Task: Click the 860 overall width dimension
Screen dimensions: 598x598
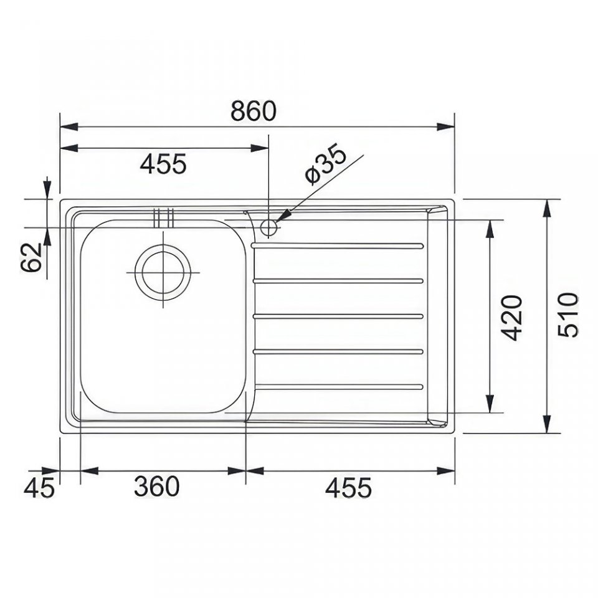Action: [254, 111]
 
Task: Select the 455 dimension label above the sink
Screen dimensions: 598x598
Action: [163, 164]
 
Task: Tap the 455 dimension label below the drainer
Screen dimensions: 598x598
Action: [348, 487]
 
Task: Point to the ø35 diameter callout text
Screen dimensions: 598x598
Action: [326, 164]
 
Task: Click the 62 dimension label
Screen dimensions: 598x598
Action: [31, 257]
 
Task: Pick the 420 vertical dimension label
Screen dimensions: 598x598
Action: [511, 317]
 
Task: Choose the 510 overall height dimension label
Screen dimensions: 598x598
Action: [568, 315]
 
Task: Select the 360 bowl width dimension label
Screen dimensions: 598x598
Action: [157, 486]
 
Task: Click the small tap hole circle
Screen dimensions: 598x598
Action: [268, 228]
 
